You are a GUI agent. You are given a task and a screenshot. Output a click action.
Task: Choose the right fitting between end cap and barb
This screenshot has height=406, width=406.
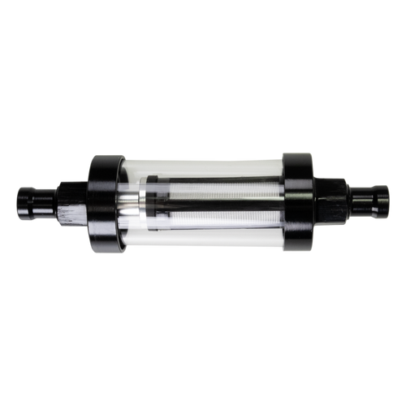point(331,201)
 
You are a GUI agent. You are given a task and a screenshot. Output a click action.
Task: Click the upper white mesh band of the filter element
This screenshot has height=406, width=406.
point(211,188)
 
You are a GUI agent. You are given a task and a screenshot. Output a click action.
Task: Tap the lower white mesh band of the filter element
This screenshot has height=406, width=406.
point(211,216)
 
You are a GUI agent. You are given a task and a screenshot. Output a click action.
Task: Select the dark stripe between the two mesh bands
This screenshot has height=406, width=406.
point(211,202)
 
